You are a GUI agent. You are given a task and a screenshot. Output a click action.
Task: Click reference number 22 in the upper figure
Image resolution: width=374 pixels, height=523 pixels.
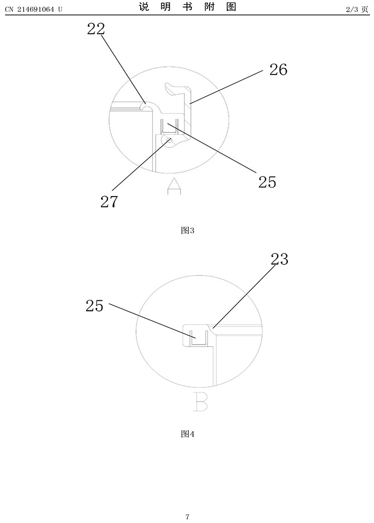tap(96, 29)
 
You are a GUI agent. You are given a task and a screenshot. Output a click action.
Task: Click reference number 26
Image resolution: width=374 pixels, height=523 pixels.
tap(278, 70)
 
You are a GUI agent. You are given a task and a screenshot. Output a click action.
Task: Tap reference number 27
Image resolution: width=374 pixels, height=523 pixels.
tap(109, 202)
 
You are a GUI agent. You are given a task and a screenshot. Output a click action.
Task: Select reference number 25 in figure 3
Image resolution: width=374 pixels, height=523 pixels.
tap(267, 181)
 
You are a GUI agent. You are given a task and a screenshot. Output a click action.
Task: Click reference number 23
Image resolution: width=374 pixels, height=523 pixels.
tap(279, 259)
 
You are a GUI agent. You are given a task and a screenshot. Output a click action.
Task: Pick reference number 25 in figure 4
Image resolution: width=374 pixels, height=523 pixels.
tap(95, 305)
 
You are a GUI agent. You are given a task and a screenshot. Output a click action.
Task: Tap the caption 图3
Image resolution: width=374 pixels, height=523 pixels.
tap(188, 231)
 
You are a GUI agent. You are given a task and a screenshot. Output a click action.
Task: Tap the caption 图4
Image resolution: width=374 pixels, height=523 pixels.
tap(188, 434)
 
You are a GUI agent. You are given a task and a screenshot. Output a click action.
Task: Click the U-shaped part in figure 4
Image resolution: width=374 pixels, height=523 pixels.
tap(199, 338)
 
